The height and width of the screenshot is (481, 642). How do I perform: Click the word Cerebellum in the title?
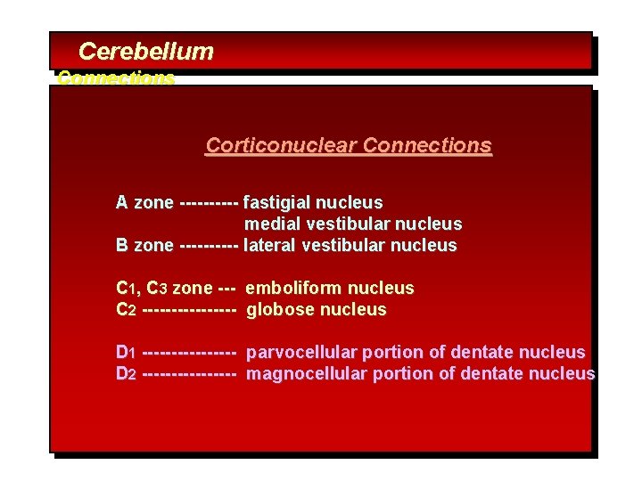pyautogui.click(x=145, y=52)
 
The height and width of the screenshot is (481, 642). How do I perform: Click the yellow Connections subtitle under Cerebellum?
pyautogui.click(x=116, y=78)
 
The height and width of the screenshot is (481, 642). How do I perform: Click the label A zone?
pyautogui.click(x=144, y=203)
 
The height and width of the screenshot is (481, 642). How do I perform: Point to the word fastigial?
pyautogui.click(x=277, y=203)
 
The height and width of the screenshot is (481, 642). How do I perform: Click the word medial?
pyautogui.click(x=270, y=224)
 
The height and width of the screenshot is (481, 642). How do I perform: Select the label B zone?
pyautogui.click(x=144, y=246)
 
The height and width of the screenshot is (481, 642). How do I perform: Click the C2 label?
pyautogui.click(x=126, y=310)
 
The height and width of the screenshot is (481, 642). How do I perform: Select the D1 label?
pyautogui.click(x=126, y=353)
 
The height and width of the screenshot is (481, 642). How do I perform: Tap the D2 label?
pyautogui.click(x=126, y=374)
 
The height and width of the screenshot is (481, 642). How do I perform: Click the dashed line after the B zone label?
pyautogui.click(x=209, y=246)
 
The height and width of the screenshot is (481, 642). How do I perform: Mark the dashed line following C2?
pyautogui.click(x=188, y=310)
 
